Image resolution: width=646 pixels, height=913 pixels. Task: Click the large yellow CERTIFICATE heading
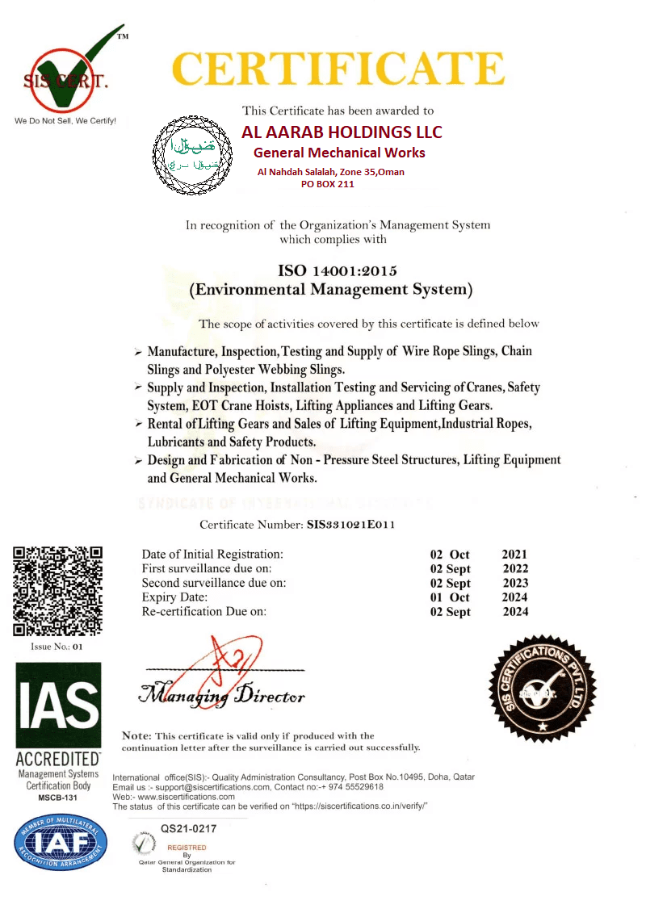click(x=339, y=69)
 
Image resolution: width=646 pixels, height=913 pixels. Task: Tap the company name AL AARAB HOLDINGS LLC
click(x=342, y=132)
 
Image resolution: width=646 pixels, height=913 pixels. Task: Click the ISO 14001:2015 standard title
click(x=331, y=270)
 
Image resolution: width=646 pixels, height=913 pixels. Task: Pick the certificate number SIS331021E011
click(x=351, y=525)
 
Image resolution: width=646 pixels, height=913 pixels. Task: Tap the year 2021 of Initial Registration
click(x=514, y=554)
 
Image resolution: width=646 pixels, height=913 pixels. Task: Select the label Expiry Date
click(x=175, y=597)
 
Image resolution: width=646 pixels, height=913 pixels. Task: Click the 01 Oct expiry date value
click(x=450, y=597)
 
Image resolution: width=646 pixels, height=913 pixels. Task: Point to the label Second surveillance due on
click(x=214, y=583)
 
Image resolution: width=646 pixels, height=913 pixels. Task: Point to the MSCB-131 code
click(x=59, y=798)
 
